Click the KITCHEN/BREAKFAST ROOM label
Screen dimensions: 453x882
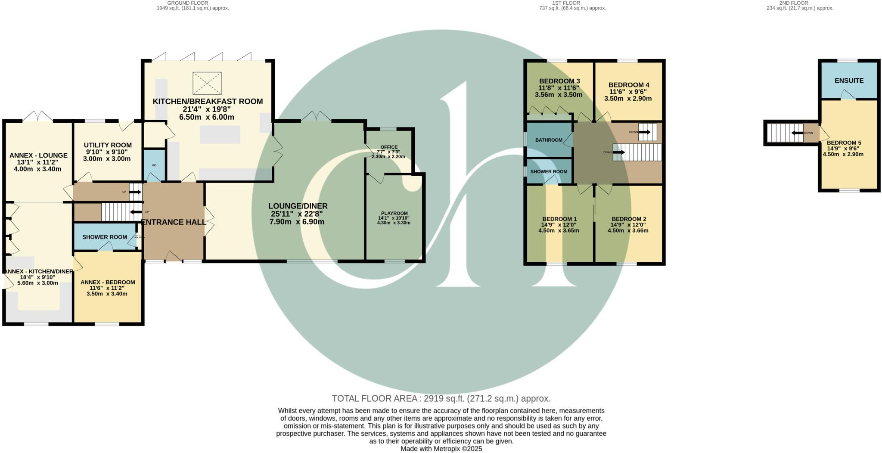click(208, 102)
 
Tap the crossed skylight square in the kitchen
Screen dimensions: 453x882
click(207, 83)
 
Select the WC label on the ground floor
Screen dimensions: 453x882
click(154, 165)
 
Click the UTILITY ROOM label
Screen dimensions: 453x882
click(108, 145)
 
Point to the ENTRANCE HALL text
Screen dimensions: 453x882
click(174, 222)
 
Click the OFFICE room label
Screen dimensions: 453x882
click(389, 147)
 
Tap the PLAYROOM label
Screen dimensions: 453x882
click(394, 213)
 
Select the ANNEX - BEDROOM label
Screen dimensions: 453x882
click(108, 282)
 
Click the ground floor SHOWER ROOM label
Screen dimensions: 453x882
click(105, 237)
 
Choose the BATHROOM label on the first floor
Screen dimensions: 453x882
click(549, 140)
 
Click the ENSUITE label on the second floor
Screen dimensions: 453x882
click(849, 81)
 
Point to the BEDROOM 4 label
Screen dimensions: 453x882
click(628, 85)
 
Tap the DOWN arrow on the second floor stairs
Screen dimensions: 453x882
click(798, 133)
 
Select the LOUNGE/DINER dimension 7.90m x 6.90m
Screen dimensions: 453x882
click(297, 222)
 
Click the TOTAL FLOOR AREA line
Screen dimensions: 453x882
click(441, 398)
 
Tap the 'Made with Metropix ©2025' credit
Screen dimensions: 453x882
click(441, 449)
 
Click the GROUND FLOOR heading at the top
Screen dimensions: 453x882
click(187, 3)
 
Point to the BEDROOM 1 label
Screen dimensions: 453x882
click(559, 219)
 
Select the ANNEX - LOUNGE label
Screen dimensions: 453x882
click(38, 155)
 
